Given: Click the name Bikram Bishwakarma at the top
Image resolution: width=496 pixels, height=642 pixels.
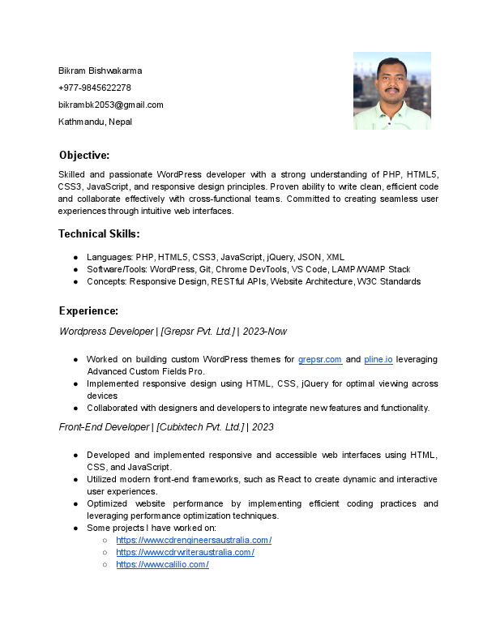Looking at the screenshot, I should point(100,71).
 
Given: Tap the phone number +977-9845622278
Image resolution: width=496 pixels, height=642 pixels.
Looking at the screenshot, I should point(95,88).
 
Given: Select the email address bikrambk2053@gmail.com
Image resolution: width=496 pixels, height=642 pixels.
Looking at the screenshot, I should point(111,105).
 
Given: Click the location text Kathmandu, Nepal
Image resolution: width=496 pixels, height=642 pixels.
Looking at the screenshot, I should point(95,122).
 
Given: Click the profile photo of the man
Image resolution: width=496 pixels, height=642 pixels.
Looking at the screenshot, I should point(391,91).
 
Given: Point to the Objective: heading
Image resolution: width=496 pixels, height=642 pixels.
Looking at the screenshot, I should point(84,155).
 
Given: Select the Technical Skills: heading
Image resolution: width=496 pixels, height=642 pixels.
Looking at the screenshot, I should point(99,234).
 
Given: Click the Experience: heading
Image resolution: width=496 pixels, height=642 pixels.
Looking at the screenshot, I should point(89,310).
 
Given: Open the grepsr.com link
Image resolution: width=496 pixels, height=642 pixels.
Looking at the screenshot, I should point(320,359).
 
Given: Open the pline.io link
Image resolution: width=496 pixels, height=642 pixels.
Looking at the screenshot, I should point(378,359).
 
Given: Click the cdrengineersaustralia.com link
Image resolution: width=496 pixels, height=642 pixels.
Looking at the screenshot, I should point(194,540).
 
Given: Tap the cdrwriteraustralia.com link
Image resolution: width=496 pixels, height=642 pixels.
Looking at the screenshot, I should point(186,552).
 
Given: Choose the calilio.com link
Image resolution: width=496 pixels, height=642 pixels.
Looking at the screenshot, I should point(163,564).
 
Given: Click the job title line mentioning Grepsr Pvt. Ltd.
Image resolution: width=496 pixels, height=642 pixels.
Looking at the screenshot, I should point(173,332).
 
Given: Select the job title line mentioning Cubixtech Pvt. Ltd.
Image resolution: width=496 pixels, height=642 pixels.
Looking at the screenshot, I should point(166,427).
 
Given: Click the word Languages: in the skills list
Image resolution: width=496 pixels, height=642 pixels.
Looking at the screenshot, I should point(110,257).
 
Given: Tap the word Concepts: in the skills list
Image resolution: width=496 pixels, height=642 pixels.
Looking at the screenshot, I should point(107,281).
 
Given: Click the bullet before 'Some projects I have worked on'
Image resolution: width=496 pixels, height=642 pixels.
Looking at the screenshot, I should point(76,528).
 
